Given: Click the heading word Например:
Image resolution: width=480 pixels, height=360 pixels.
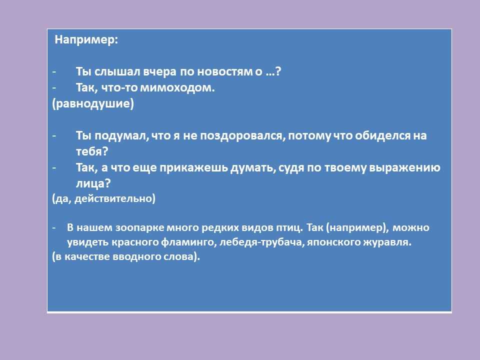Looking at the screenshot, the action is (x=86, y=40).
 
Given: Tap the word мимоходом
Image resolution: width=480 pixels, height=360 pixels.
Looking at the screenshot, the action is (x=177, y=88).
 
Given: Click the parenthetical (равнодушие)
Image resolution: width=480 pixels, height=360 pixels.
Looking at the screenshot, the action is (x=93, y=104).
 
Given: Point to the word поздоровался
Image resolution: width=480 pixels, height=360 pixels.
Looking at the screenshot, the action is (x=242, y=136).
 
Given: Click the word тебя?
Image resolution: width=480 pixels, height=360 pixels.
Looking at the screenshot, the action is (x=92, y=151).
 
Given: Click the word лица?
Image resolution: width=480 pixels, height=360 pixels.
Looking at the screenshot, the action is (x=93, y=183).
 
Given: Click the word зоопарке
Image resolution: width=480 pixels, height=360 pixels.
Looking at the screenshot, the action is (x=139, y=228).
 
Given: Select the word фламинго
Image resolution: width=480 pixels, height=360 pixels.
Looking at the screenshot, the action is (x=186, y=242).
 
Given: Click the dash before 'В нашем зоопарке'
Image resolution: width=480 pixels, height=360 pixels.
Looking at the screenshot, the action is (x=54, y=228).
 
